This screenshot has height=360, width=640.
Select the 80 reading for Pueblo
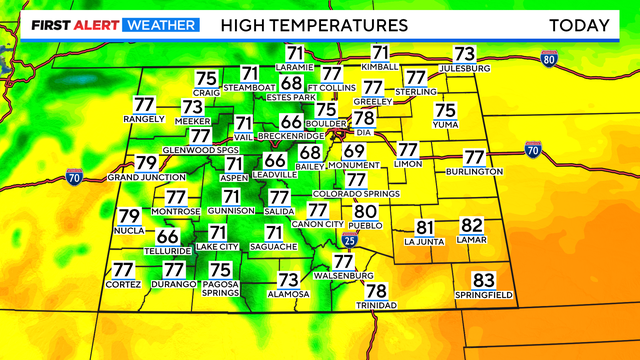pos(365,211)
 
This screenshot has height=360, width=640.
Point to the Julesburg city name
pos(463,68)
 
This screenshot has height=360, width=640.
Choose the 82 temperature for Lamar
pos(471,227)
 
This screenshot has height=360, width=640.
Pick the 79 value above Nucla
pos(129,216)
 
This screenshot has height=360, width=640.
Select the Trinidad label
pos(376,305)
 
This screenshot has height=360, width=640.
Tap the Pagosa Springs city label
pos(220,289)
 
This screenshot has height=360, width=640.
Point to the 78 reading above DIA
pos(364,118)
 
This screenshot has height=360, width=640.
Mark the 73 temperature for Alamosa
pos(288,280)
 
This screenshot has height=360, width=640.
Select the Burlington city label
pos(474,172)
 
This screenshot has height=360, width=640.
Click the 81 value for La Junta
pos(424,227)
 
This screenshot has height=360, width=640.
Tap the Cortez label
pos(123,285)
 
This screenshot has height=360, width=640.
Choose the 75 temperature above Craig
pos(206,79)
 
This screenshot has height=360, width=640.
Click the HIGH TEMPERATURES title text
pos(314,23)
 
